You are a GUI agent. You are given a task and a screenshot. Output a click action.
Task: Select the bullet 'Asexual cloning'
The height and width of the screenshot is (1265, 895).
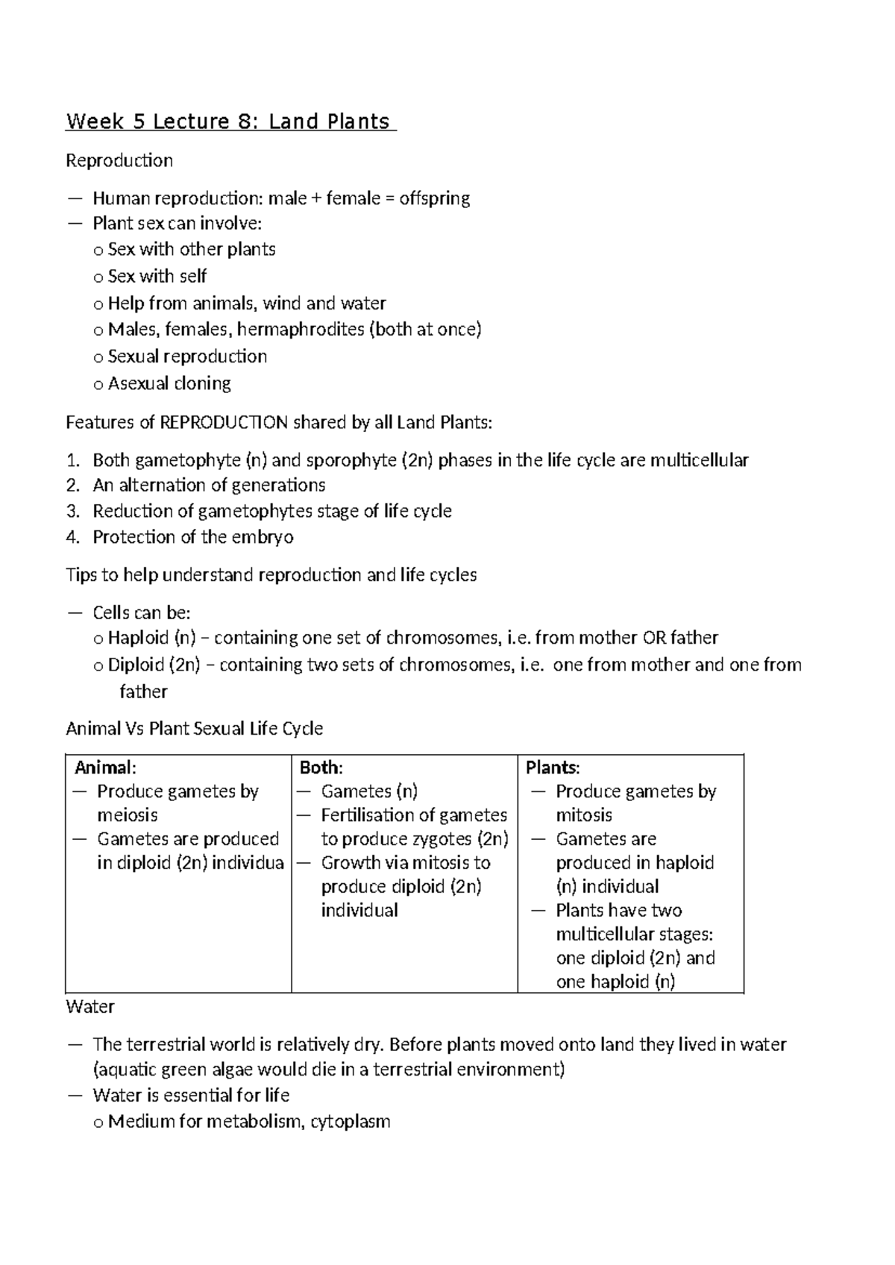coord(169,383)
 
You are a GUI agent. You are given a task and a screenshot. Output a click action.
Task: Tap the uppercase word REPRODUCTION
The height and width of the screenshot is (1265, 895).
coord(224,423)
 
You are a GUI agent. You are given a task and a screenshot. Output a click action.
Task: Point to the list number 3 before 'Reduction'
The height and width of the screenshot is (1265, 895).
coord(72,512)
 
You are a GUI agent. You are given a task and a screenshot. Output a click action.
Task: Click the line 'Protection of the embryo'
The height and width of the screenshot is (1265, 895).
coord(192,537)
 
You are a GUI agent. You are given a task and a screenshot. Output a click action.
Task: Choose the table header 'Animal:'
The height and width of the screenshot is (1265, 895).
coord(106,768)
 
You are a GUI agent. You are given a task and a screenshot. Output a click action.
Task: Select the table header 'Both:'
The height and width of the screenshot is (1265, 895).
coord(321,768)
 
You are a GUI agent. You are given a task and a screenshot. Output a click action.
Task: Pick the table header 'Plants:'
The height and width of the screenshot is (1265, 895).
coord(553,768)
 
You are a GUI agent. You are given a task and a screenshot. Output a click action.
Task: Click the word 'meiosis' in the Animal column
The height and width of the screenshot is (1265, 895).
coord(128,815)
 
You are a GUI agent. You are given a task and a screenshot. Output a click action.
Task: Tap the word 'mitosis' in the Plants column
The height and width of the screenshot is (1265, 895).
coord(584,815)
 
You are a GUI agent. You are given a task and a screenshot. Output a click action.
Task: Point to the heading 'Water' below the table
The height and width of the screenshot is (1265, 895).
coord(90,1007)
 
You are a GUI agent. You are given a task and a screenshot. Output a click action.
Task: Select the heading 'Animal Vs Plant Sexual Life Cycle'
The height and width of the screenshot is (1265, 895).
coord(194,729)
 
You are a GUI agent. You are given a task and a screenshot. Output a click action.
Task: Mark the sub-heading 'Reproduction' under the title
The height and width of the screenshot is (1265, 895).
coord(119,160)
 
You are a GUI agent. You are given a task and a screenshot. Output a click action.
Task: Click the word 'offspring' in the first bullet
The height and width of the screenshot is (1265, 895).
coord(434,198)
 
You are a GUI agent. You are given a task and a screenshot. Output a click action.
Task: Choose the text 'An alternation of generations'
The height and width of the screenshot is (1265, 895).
coord(209,486)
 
